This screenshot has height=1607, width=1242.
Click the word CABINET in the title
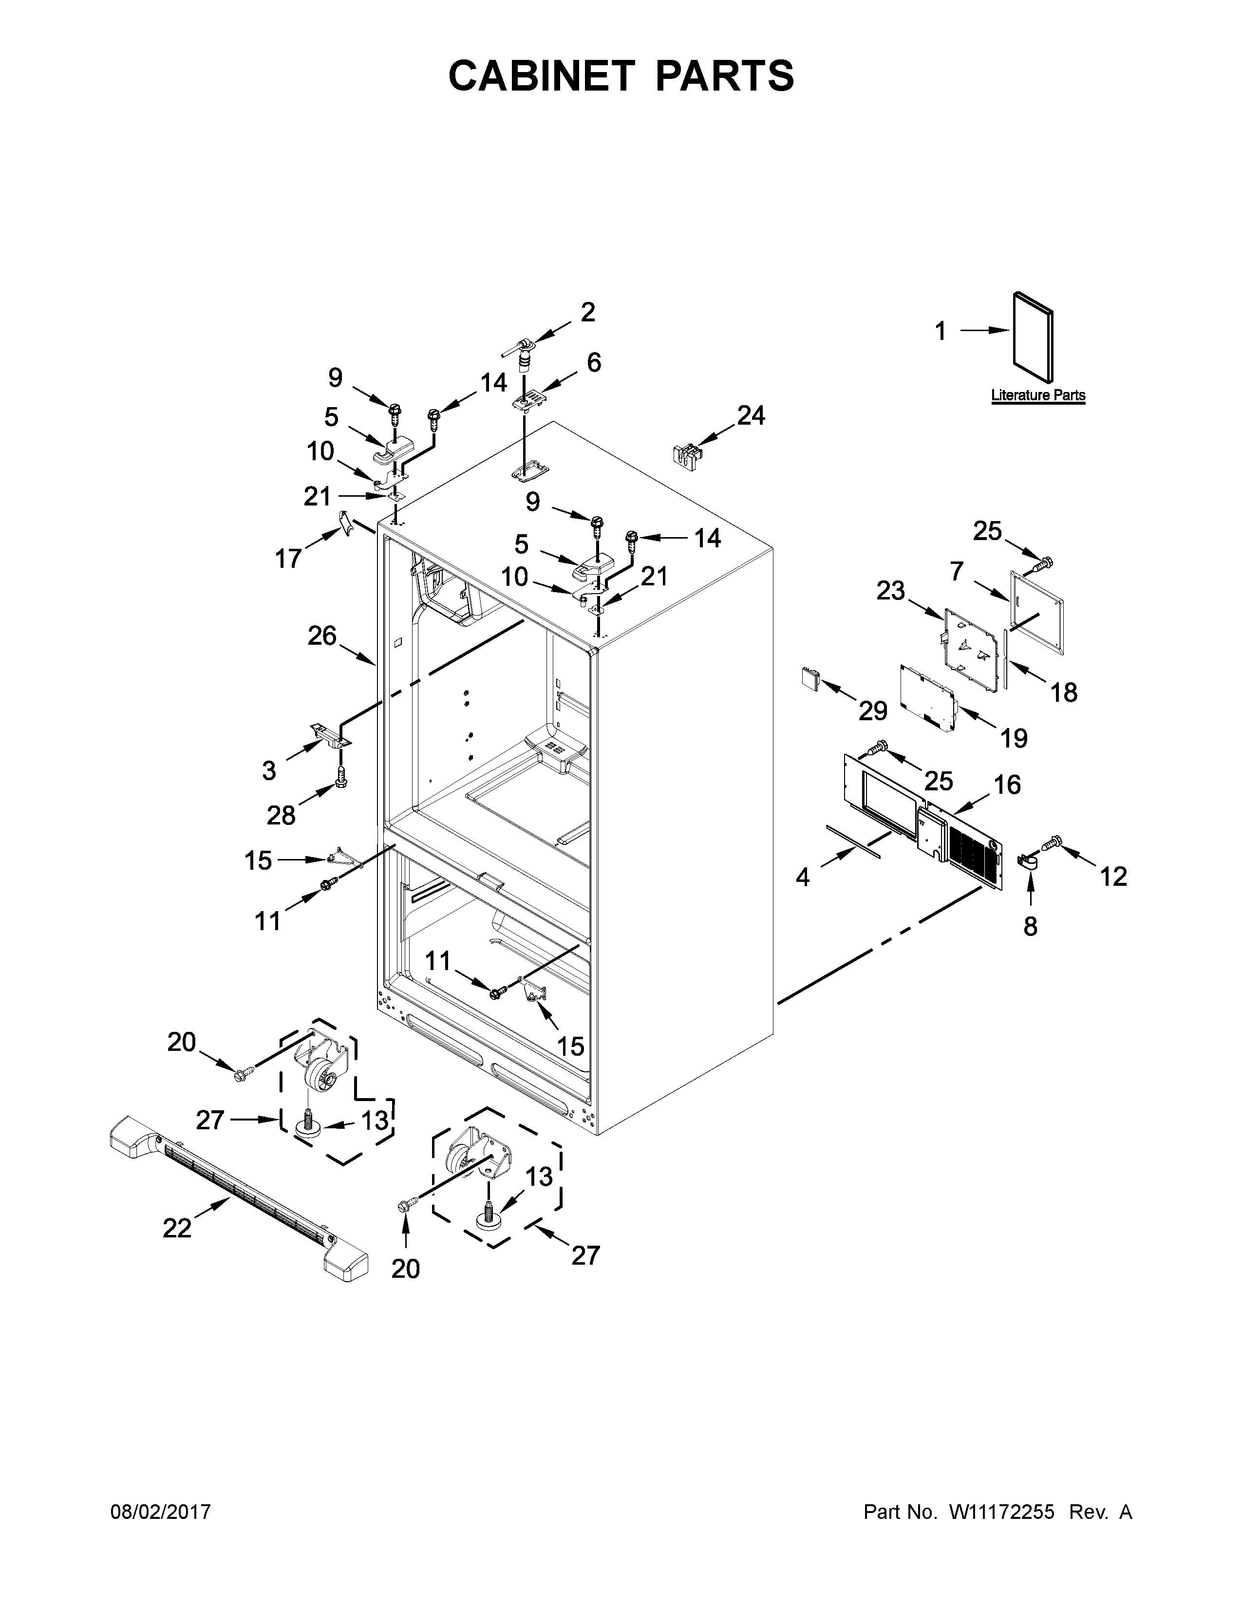tap(541, 76)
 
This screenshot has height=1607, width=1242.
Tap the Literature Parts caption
tap(1037, 395)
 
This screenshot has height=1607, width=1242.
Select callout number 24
tap(751, 416)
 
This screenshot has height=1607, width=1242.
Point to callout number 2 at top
tap(587, 313)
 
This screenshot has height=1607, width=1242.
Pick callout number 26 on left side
tap(321, 635)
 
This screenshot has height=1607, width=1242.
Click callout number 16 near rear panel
tap(1007, 785)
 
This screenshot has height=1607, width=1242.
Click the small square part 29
tap(810, 678)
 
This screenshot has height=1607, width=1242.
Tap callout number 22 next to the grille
tap(177, 1227)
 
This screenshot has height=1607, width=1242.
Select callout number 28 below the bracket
tap(281, 815)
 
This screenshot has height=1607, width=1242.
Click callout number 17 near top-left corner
tap(288, 559)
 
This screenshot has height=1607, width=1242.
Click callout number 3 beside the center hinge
tap(269, 770)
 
